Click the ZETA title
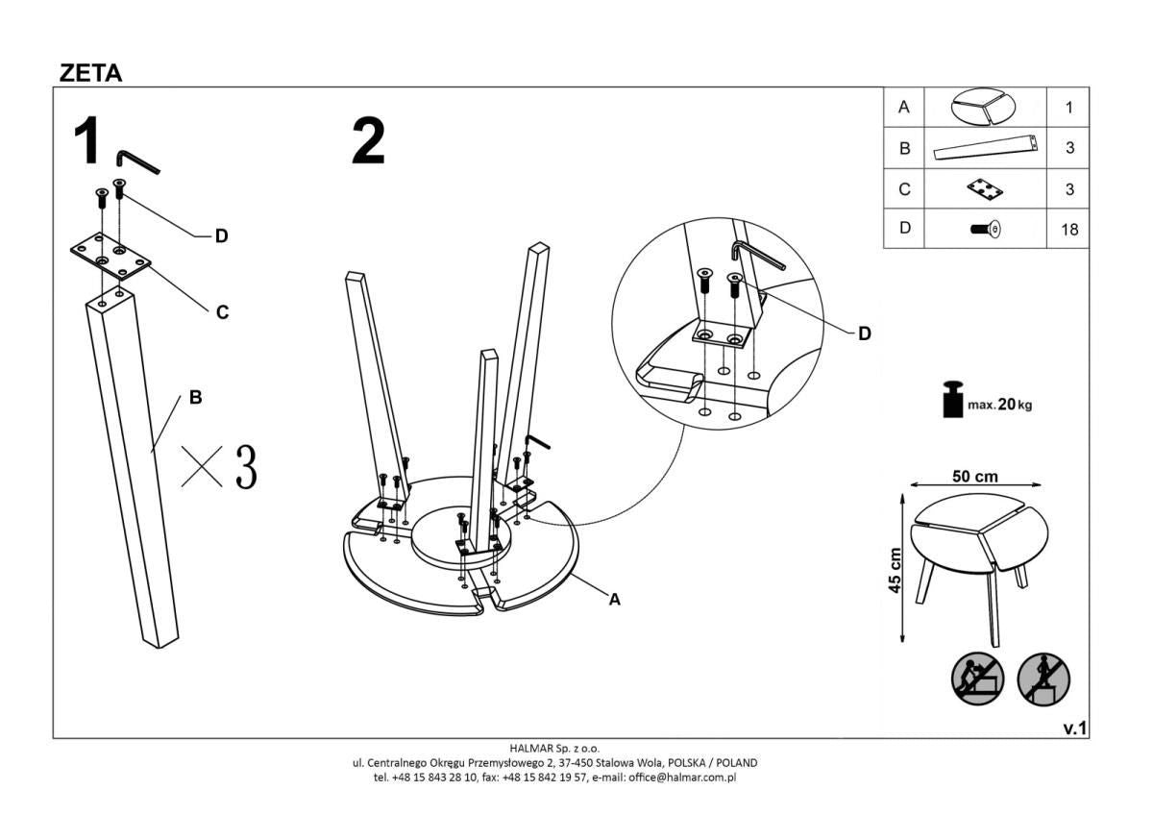coord(91,73)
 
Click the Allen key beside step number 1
coord(136,162)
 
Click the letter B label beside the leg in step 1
coord(195,397)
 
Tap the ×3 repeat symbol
coord(220,466)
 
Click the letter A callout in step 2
coord(615,599)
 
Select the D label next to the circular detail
coord(864,334)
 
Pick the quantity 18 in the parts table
coord(1069,230)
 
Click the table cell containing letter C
coord(903,189)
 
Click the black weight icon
coord(951,400)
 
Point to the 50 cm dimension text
coord(974,477)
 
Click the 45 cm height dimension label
coord(895,571)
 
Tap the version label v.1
coord(1074,729)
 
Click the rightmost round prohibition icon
coord(1044,678)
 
